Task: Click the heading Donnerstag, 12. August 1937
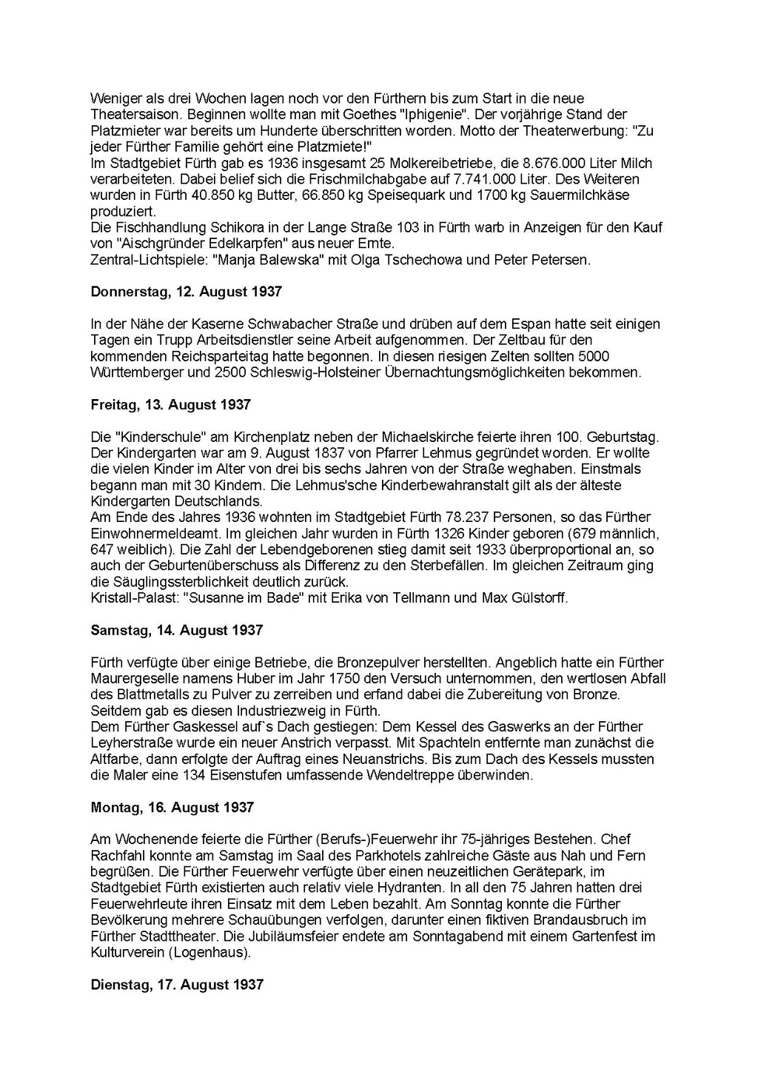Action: coord(186,292)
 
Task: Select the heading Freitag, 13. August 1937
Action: coord(170,405)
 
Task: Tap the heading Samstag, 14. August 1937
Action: coord(176,630)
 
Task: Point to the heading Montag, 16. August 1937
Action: coord(172,808)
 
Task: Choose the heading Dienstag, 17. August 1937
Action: coord(177,985)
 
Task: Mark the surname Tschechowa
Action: coord(429,260)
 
